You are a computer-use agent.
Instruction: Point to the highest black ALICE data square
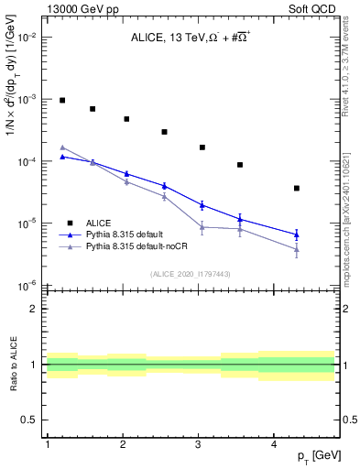(x=62, y=100)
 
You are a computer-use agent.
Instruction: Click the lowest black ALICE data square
(x=297, y=188)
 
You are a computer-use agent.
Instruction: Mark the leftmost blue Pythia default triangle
(x=62, y=157)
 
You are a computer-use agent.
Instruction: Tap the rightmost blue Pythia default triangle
(x=297, y=234)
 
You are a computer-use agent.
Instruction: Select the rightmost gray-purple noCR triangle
(x=297, y=249)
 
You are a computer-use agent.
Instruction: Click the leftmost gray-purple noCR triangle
(x=62, y=147)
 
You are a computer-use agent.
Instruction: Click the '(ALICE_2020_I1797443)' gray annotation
(x=191, y=274)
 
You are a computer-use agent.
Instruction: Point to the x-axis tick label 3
(x=199, y=444)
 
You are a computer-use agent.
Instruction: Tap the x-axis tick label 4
(x=275, y=444)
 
